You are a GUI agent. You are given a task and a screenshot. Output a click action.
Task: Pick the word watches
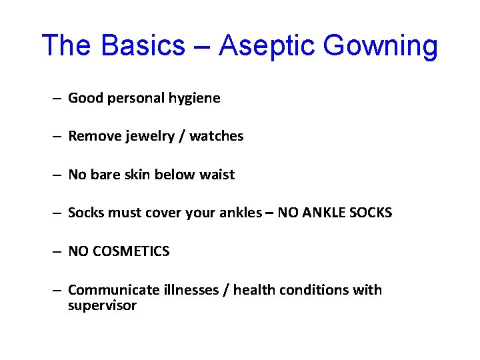coord(217,137)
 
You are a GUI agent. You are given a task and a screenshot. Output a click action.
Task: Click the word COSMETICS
coord(131,252)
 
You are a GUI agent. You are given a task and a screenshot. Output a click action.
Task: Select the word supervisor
coord(102,306)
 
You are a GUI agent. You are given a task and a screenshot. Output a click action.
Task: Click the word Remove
coord(91,137)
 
